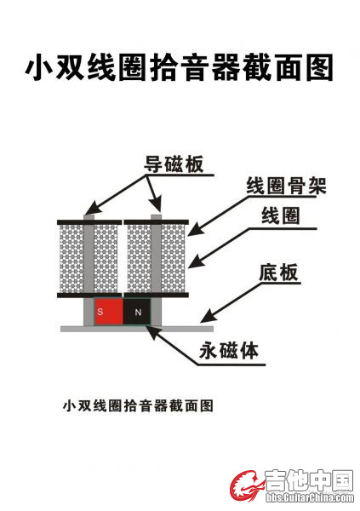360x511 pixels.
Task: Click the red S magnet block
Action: pos(109,312)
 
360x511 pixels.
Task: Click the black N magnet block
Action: pos(137,312)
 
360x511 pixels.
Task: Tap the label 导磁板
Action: pos(174,164)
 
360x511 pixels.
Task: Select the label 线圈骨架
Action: pos(286,186)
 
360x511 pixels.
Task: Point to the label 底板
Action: pos(278,273)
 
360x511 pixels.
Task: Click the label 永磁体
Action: pos(229,351)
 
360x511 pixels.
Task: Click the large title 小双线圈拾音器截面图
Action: pos(180,67)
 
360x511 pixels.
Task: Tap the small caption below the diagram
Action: pos(138,405)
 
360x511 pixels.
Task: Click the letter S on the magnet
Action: pos(100,312)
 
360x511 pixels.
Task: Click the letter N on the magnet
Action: pos(138,313)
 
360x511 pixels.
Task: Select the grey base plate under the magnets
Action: pos(137,329)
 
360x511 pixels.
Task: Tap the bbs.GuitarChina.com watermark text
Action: pos(310,497)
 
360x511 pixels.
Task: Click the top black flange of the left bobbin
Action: pos(89,222)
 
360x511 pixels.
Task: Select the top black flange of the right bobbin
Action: pos(157,222)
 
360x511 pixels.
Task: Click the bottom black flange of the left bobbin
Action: pos(89,296)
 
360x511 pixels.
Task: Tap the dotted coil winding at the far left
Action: pos(71,259)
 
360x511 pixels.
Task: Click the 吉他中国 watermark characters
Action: pos(309,480)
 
